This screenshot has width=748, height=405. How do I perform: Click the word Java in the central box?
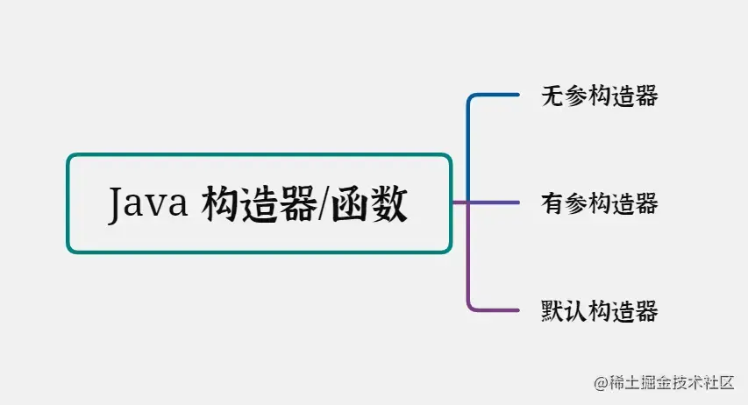point(149,204)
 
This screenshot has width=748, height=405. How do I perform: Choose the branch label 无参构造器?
point(600,96)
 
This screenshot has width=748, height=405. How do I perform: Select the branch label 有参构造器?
point(600,204)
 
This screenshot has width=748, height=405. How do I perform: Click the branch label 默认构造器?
point(600,310)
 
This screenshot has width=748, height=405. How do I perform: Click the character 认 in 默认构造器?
point(576,310)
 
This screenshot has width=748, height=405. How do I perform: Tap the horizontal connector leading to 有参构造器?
point(495,203)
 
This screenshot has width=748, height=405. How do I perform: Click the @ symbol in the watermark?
point(601,383)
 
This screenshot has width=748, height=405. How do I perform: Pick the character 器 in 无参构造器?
point(646,96)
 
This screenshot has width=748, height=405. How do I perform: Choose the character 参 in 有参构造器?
point(576,204)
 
